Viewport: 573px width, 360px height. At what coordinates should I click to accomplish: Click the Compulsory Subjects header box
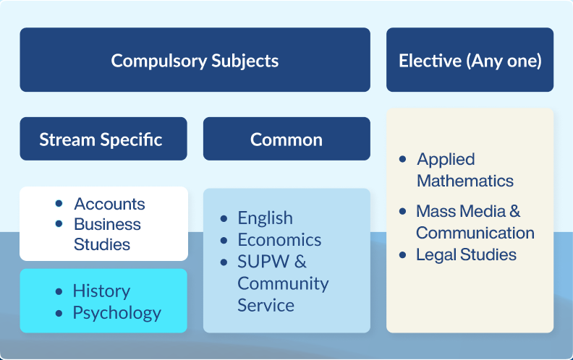click(195, 60)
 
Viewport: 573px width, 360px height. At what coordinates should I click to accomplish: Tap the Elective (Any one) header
click(470, 60)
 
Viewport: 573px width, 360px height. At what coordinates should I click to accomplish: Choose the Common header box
click(286, 139)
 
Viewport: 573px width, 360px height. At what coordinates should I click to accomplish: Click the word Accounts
click(109, 204)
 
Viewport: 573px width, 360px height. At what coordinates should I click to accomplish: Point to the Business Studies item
click(107, 234)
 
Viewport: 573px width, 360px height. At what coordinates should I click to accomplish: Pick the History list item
click(101, 291)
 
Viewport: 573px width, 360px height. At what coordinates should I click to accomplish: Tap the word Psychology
click(116, 313)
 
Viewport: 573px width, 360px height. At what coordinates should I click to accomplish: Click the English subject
click(265, 218)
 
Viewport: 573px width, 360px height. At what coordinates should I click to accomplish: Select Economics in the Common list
click(279, 239)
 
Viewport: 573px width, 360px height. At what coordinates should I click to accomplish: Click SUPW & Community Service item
click(282, 283)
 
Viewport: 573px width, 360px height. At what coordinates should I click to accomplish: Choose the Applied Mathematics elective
click(464, 170)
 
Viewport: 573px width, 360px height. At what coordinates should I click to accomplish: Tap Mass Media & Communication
click(475, 222)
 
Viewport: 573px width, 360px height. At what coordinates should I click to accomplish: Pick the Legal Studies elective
click(466, 254)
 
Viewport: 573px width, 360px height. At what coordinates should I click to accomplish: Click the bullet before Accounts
click(59, 204)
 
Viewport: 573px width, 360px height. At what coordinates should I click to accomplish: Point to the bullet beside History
click(59, 291)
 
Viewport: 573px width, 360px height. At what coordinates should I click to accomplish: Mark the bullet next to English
click(224, 218)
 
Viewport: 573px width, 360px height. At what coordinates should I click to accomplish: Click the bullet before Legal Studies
click(402, 254)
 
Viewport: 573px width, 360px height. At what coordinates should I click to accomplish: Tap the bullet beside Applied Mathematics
click(402, 159)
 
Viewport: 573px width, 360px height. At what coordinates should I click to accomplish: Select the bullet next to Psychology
click(59, 313)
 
